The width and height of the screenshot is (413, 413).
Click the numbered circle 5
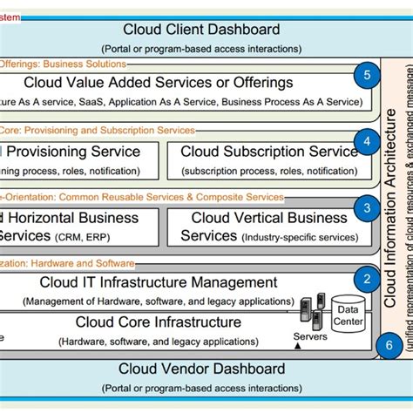[367, 76]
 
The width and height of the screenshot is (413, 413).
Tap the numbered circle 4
[367, 141]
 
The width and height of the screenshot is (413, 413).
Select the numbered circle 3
[367, 207]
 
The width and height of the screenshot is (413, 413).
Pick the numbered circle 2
[367, 279]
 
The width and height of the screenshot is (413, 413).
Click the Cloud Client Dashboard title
[201, 30]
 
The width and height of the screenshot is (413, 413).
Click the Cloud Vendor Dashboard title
[201, 369]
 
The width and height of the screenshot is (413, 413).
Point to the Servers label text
[310, 336]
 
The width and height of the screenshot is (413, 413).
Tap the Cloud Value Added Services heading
[171, 84]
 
